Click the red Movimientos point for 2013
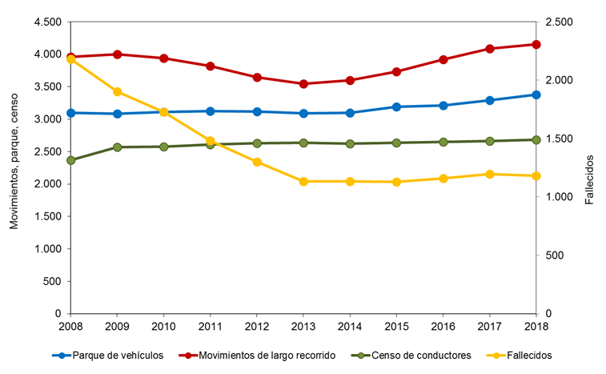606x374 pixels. [303, 83]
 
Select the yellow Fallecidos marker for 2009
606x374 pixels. [118, 91]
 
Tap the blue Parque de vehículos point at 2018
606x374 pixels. [536, 95]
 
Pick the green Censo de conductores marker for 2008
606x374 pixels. [71, 160]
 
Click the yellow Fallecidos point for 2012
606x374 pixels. [257, 162]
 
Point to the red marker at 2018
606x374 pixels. [536, 44]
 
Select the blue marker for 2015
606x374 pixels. [396, 107]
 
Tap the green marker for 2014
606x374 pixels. [350, 143]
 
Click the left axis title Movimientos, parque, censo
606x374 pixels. [14, 167]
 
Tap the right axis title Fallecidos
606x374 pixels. [590, 167]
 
